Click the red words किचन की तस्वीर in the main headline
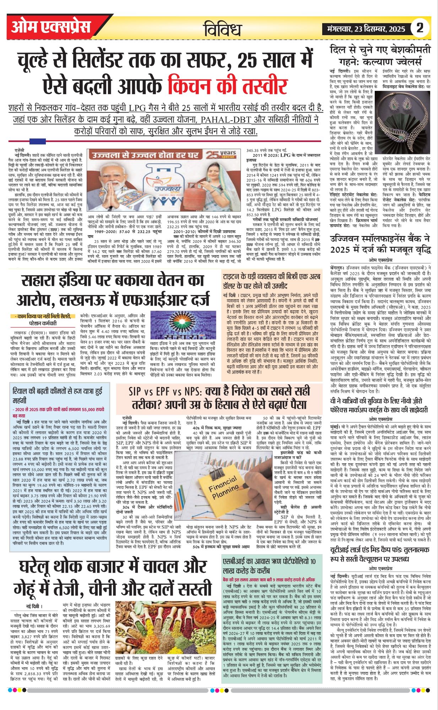point(228,86)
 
